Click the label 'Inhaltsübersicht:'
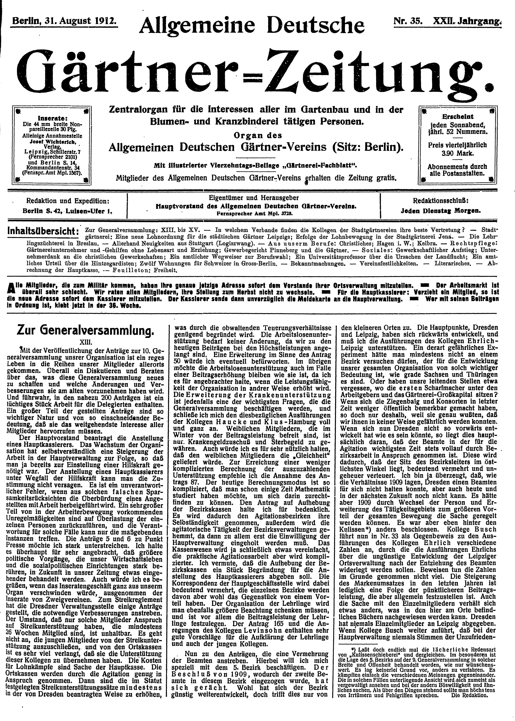43,231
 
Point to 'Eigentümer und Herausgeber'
254,198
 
